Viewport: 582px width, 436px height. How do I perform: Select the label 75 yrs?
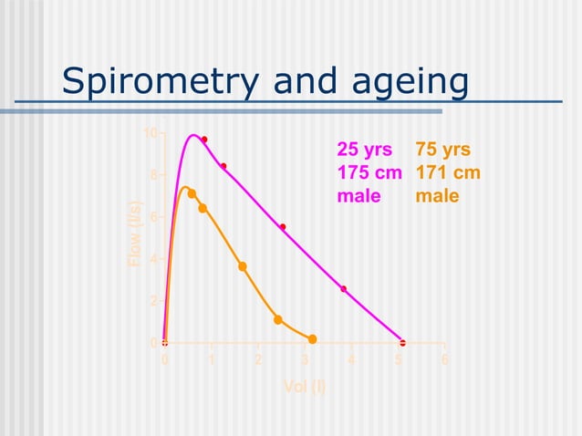coord(443,150)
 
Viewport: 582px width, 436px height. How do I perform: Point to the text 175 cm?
coord(370,173)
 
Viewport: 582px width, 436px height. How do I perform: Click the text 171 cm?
coord(448,173)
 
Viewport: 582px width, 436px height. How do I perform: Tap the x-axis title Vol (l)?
coord(304,386)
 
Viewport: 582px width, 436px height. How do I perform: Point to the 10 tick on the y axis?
coord(150,133)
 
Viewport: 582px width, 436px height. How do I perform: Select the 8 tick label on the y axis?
coord(152,175)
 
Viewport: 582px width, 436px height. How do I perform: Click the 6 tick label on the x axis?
coord(444,359)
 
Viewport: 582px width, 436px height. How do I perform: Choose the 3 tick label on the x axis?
coord(305,359)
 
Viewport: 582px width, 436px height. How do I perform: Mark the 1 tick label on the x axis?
coord(212,359)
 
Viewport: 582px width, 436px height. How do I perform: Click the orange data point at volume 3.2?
coord(313,339)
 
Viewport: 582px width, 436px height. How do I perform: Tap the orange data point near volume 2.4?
coord(278,319)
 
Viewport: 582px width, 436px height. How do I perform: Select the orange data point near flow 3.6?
coord(243,266)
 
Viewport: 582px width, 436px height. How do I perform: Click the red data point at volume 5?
coord(402,343)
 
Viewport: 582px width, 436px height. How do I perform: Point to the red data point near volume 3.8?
coord(344,289)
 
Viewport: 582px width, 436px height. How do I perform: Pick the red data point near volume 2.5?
coord(283,227)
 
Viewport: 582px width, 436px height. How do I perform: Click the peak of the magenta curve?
coord(193,135)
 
